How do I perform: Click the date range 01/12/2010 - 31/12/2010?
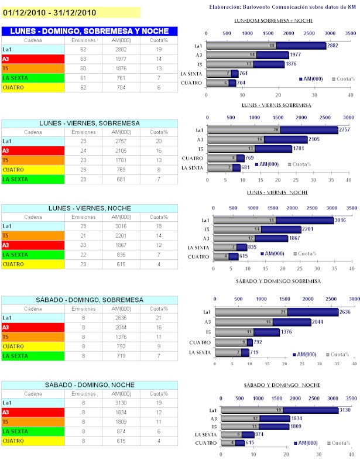pyautogui.click(x=50, y=12)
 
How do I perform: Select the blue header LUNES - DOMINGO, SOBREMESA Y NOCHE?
pyautogui.click(x=90, y=31)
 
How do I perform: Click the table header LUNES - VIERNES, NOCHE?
pyautogui.click(x=90, y=208)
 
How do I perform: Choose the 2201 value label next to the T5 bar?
pyautogui.click(x=309, y=229)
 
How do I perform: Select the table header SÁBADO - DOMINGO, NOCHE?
pyautogui.click(x=90, y=385)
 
